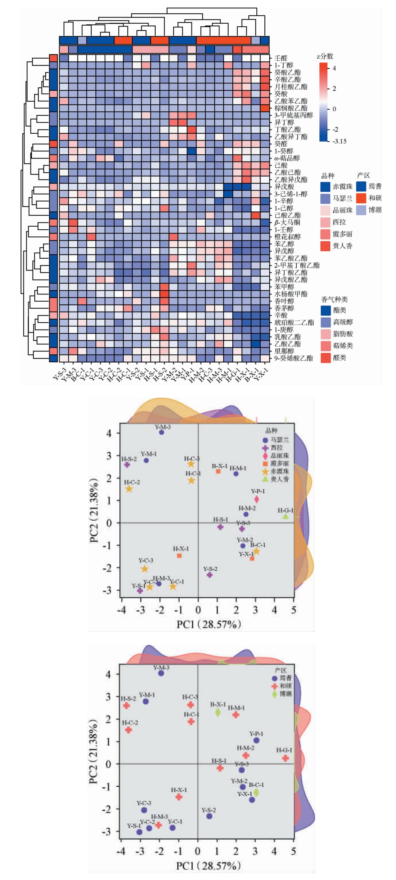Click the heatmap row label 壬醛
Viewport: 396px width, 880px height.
pos(281,58)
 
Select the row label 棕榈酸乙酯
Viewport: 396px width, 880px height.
pos(291,108)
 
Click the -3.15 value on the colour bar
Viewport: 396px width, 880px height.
pos(339,141)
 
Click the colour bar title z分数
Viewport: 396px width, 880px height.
pos(325,56)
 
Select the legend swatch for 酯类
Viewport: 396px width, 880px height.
pos(325,310)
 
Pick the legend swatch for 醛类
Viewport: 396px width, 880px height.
pos(325,358)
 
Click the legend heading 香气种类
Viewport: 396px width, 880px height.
pos(335,299)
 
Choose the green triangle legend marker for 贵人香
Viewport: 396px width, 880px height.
pos(265,479)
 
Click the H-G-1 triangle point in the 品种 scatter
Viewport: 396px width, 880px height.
pos(285,517)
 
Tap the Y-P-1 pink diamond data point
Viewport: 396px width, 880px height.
pos(257,499)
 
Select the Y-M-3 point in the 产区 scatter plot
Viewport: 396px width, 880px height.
pos(161,673)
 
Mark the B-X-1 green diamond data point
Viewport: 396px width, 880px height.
pos(218,712)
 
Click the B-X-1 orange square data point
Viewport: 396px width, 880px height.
pos(218,471)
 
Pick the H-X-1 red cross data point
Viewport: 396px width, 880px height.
pos(179,797)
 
